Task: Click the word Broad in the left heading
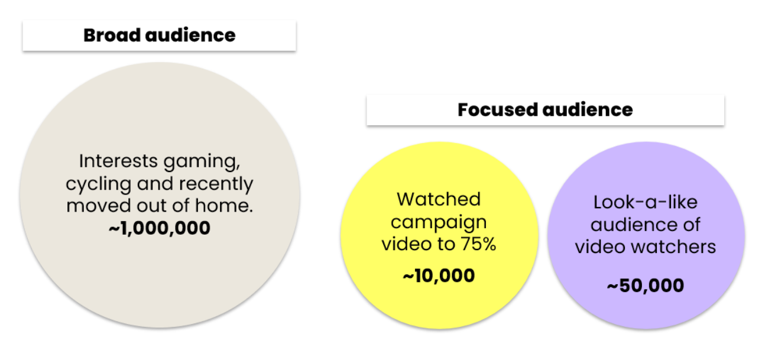tap(112, 35)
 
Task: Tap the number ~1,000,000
tap(160, 228)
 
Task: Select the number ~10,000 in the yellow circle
tap(439, 276)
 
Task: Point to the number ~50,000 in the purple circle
tap(646, 286)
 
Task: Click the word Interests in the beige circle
tap(118, 161)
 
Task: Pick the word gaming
tap(202, 163)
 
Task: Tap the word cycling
tap(98, 184)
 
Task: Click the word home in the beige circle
tap(223, 206)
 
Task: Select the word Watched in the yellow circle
tap(439, 199)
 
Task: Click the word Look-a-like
tap(646, 202)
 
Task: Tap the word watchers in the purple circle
tap(673, 247)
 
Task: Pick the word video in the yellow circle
tap(407, 244)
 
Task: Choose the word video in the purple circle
tap(600, 247)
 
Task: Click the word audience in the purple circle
tap(628, 225)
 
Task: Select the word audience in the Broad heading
tap(190, 35)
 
